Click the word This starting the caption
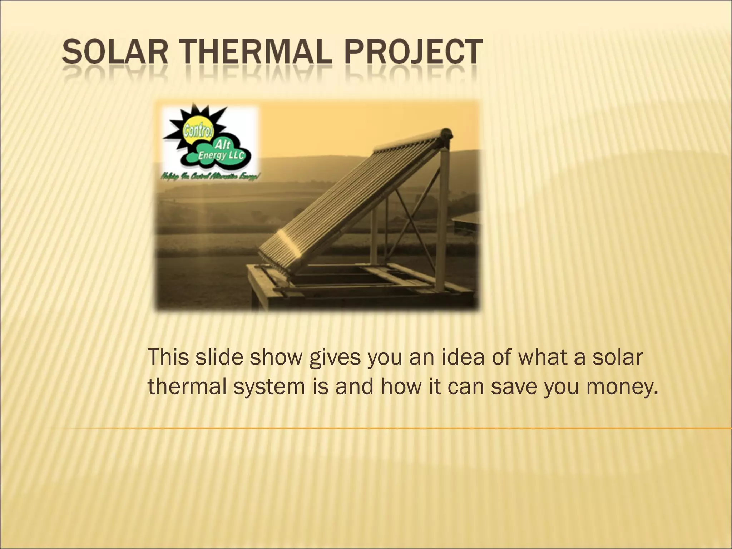tap(168, 357)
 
